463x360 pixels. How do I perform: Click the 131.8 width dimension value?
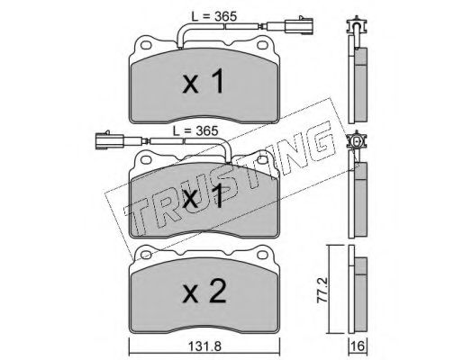point(204,346)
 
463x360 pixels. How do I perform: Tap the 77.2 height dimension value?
point(321,290)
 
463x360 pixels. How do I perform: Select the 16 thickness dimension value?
point(359,346)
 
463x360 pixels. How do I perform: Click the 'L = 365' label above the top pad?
point(214,16)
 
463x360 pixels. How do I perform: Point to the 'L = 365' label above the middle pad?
point(195,130)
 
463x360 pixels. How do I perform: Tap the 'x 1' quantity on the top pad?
point(204,81)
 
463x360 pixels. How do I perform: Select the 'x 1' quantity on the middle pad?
point(204,196)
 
